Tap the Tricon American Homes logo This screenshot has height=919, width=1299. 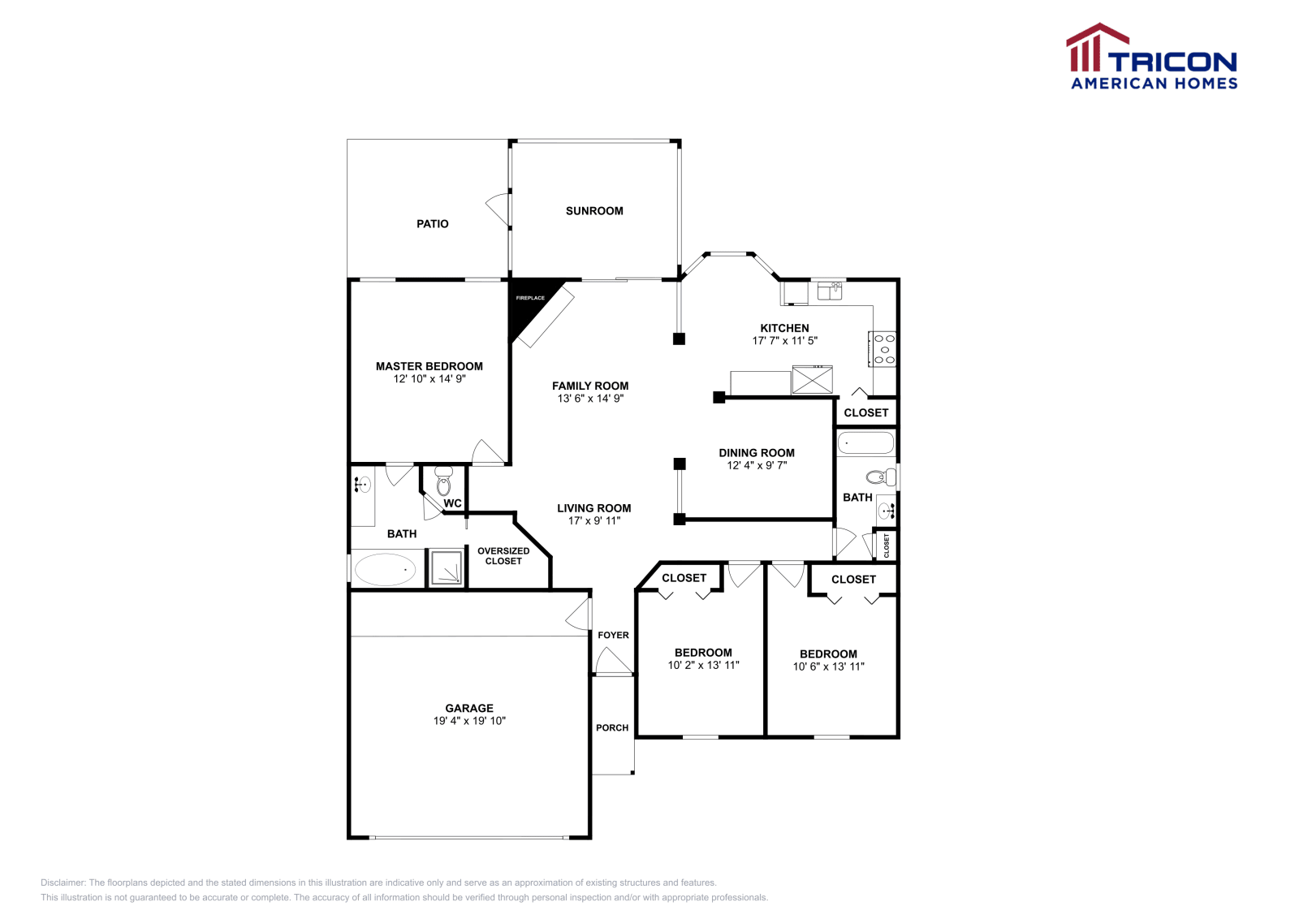1153,57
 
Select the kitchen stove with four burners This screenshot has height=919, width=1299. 883,349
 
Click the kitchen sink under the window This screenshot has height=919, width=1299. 829,291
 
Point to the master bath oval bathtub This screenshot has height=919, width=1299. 385,570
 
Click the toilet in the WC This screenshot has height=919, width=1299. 443,482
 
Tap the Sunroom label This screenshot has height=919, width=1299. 594,211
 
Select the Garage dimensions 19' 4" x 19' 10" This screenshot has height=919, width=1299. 469,721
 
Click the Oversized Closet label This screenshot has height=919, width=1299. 503,556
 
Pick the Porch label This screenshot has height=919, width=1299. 612,728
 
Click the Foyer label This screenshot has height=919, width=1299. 613,636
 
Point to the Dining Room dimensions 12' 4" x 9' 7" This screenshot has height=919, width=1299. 757,466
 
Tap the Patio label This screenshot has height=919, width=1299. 432,224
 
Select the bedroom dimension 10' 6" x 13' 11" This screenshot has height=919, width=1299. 828,667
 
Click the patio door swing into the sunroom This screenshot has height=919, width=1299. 498,209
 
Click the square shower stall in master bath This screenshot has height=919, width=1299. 446,568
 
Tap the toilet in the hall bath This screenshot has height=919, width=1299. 879,477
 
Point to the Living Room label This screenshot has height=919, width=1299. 593,508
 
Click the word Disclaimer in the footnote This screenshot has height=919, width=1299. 63,882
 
